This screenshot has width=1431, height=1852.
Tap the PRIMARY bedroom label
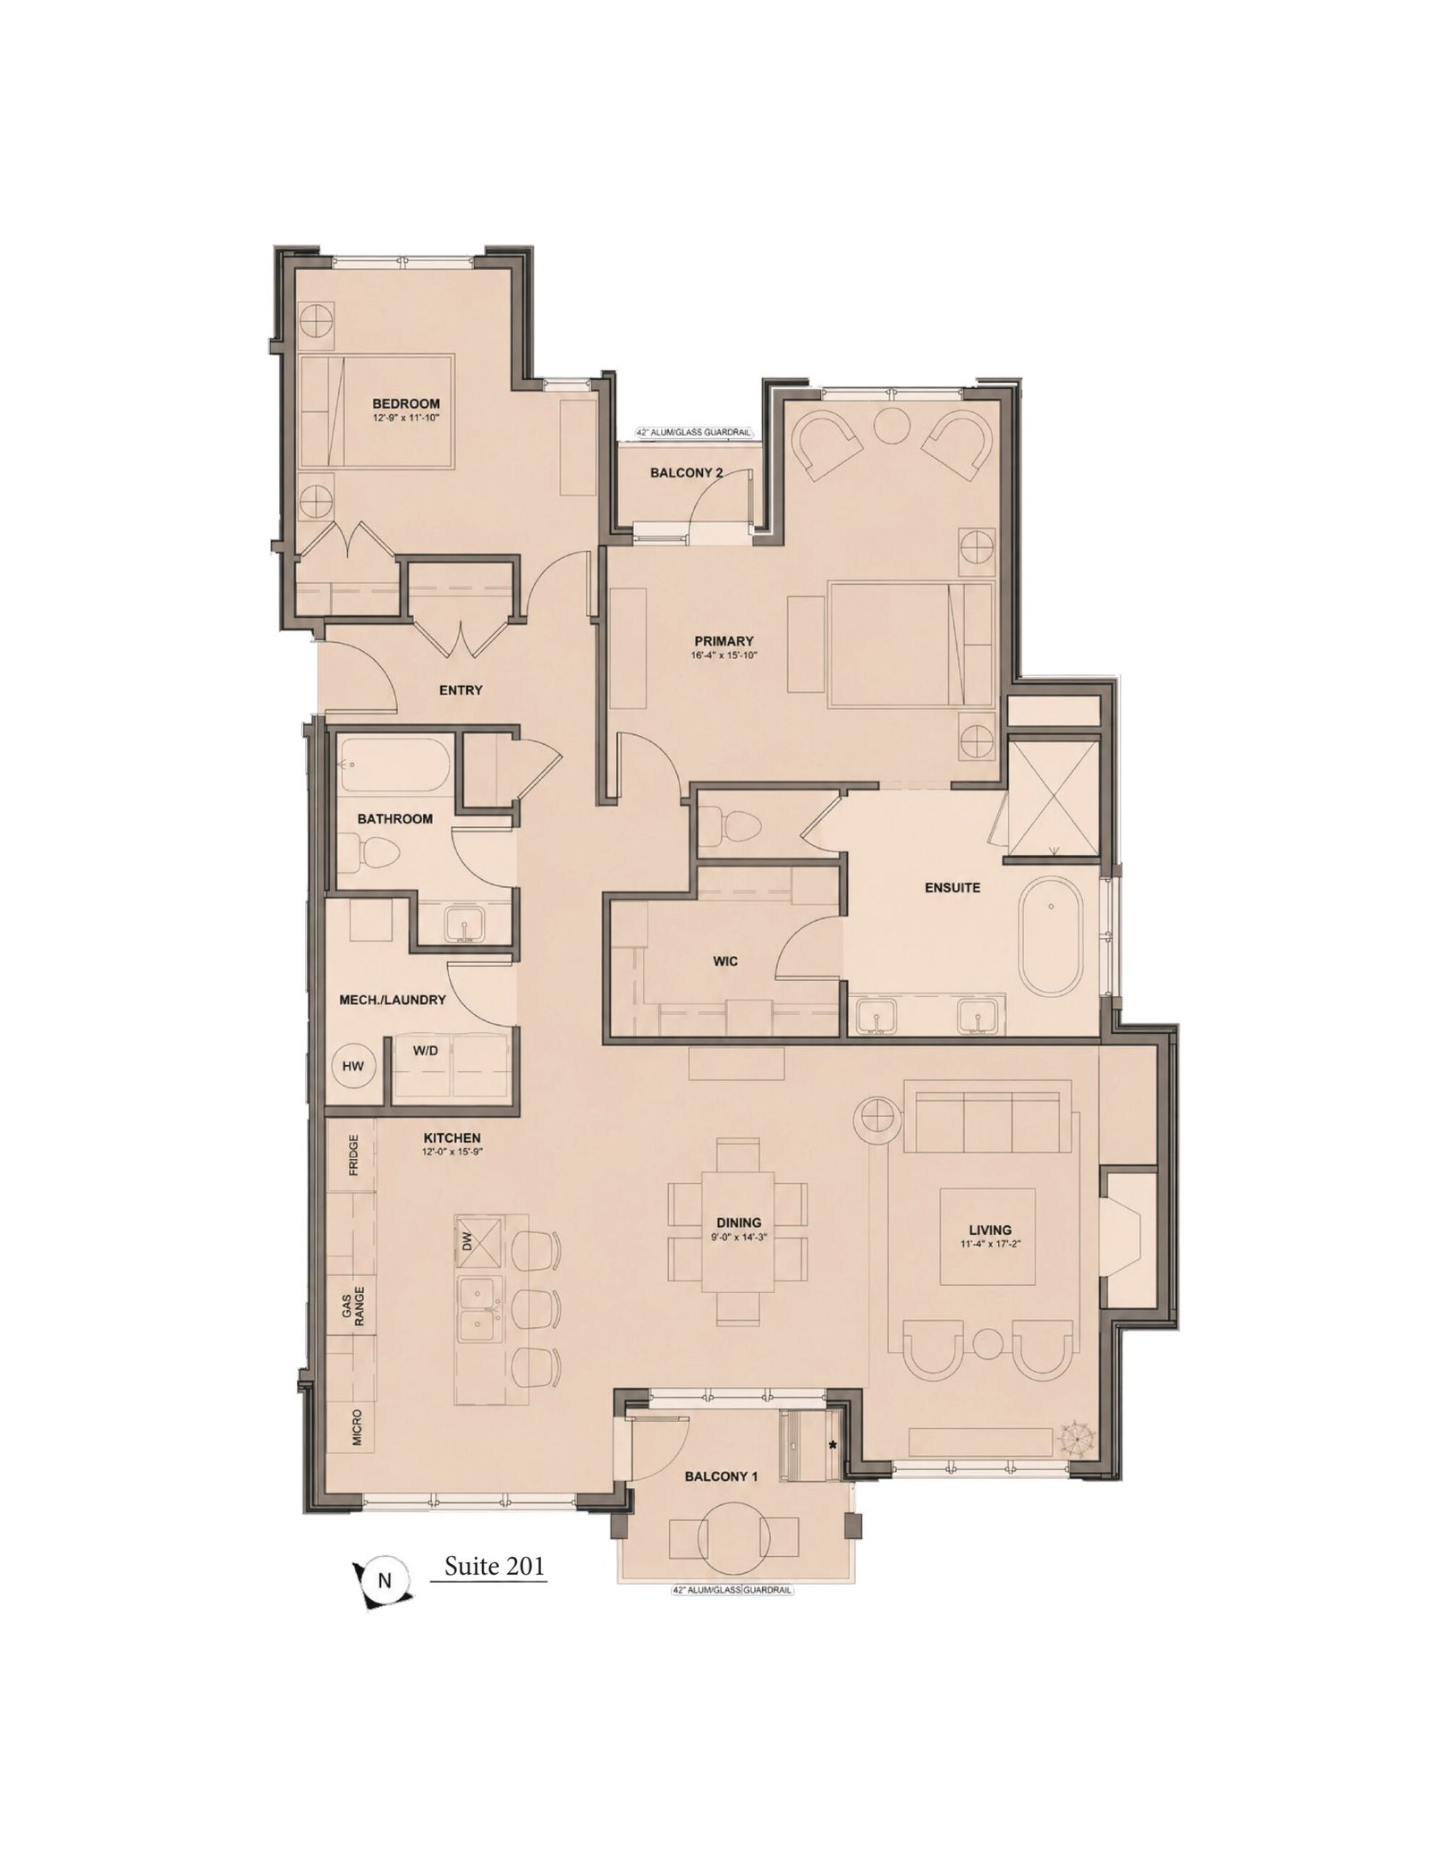(x=724, y=640)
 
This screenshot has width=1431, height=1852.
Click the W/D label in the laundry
(x=425, y=1050)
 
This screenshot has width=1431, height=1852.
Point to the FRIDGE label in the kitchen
(x=354, y=1154)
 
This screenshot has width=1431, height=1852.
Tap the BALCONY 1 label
(x=721, y=1477)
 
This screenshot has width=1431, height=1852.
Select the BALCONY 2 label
(x=686, y=472)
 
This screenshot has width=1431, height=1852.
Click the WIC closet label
(x=725, y=961)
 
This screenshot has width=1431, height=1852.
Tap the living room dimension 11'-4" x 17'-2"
(x=989, y=1244)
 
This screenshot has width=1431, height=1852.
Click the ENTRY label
(x=461, y=689)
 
